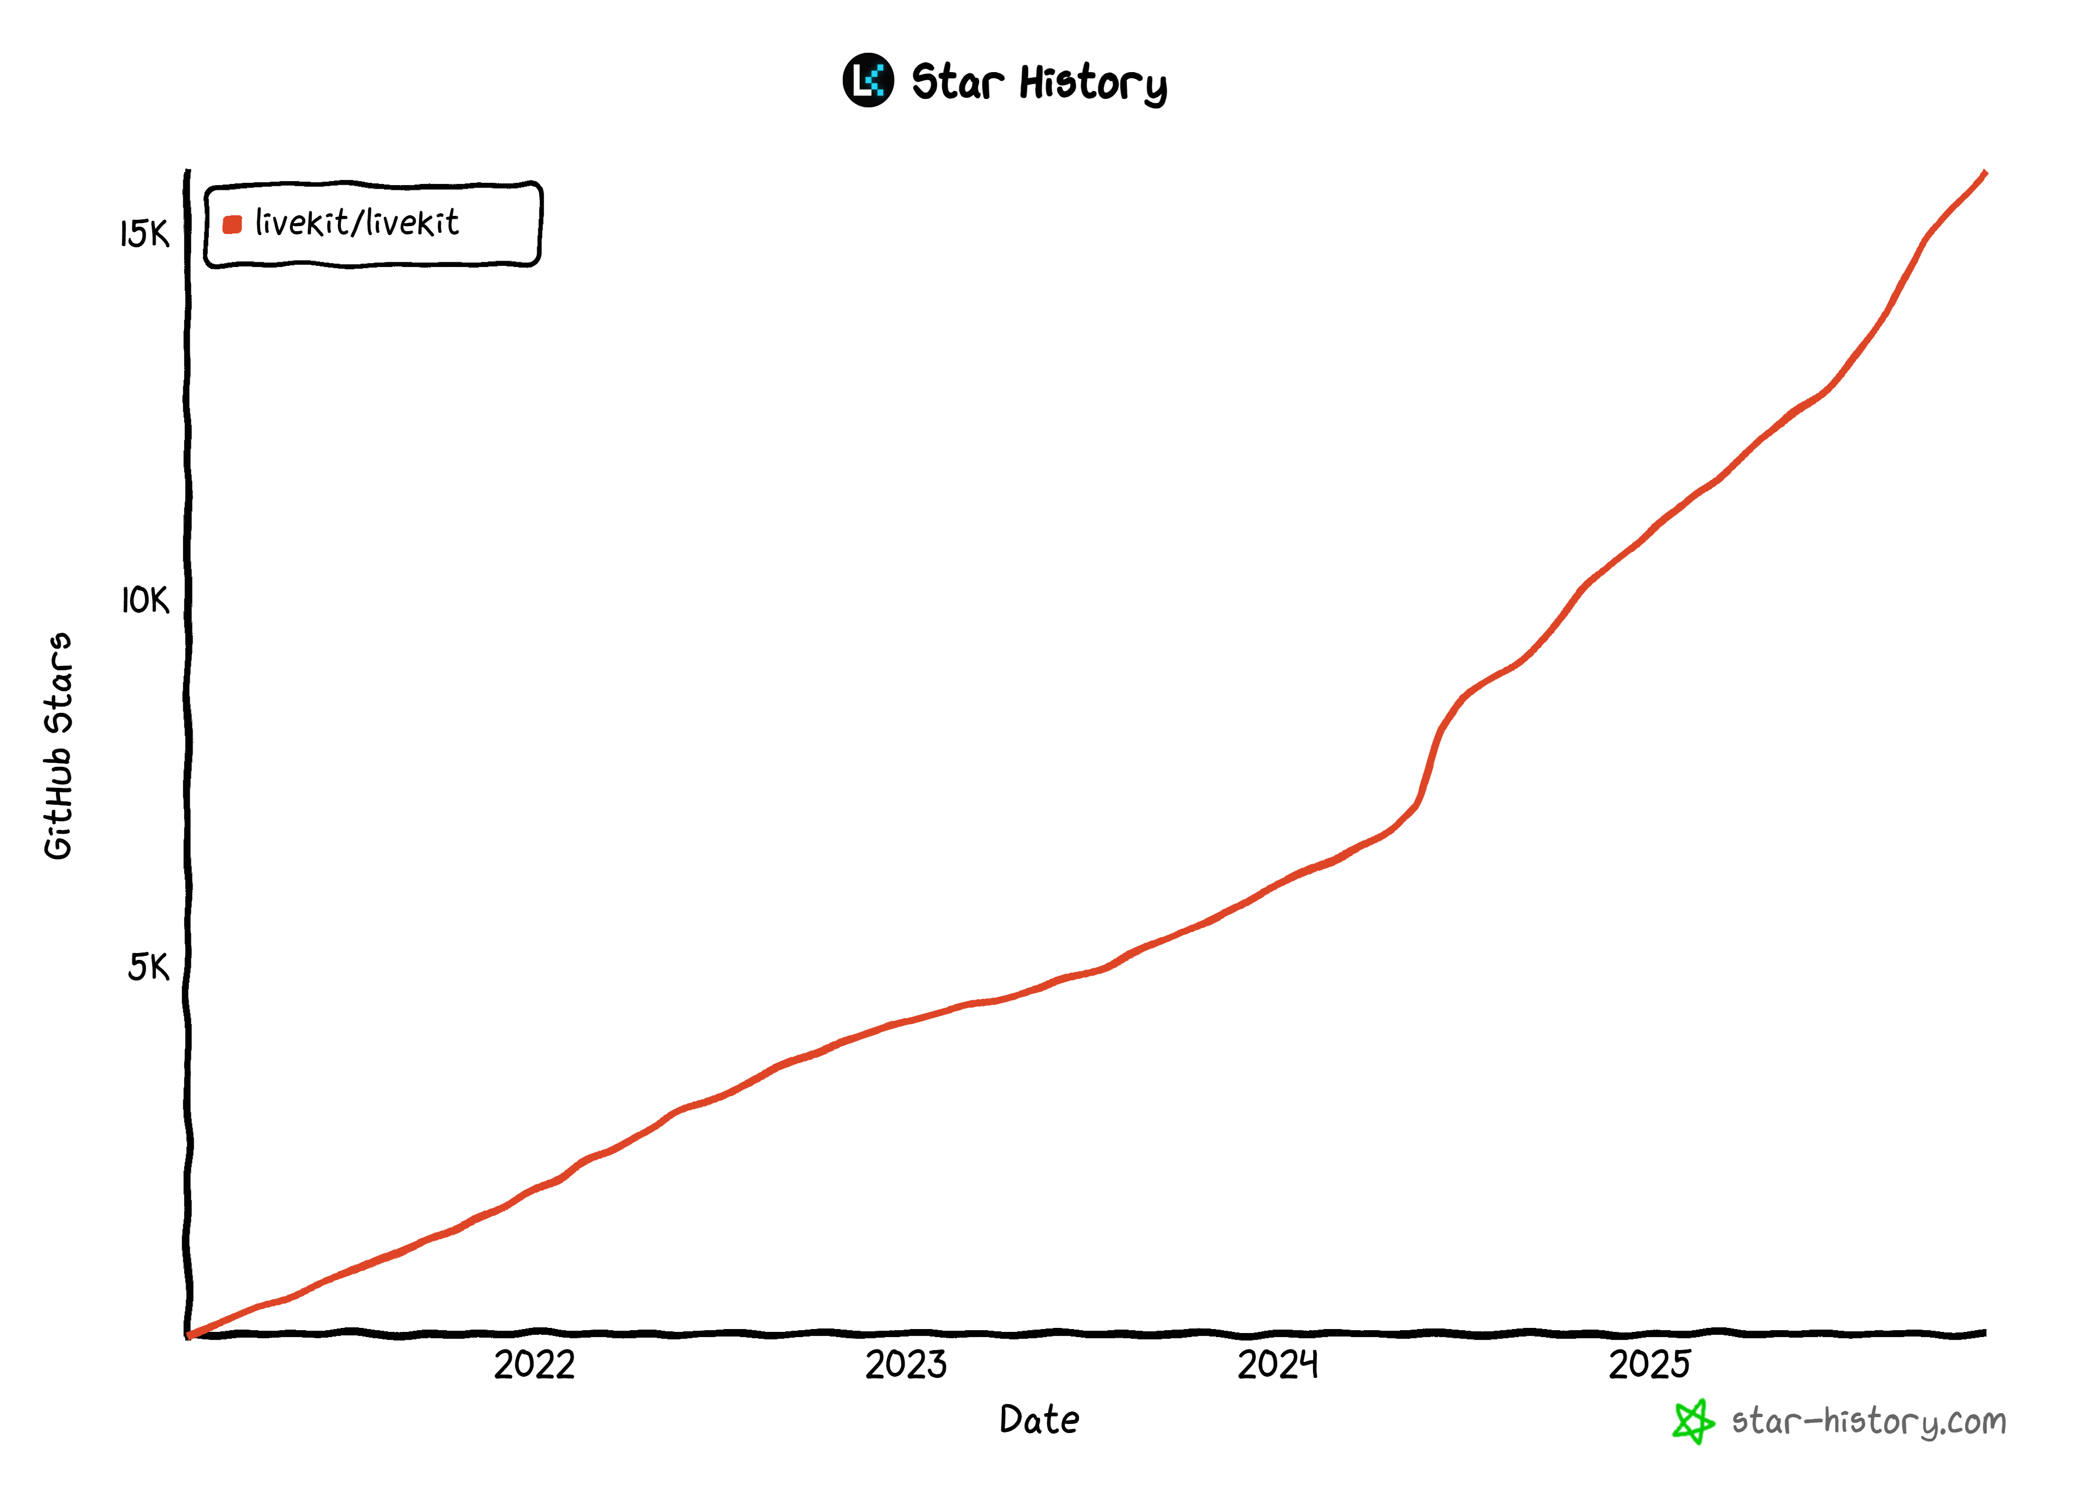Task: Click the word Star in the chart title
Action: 956,82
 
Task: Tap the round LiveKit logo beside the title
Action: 868,81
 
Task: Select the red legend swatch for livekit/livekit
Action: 232,224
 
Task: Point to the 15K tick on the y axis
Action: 145,234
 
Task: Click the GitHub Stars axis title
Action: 58,745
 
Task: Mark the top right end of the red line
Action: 1984,173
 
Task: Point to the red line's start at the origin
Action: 190,1335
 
